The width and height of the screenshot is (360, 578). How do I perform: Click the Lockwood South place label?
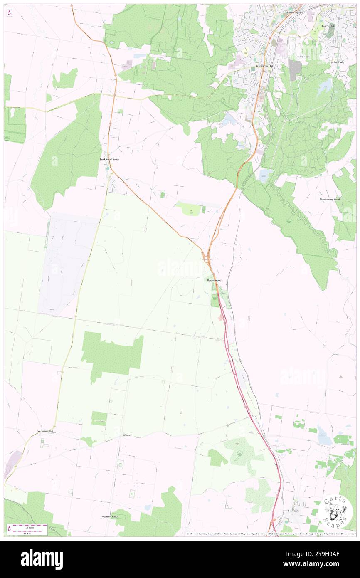click(x=110, y=159)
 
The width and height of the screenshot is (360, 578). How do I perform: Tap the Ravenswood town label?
click(x=215, y=281)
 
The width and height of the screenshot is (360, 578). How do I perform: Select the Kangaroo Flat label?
click(x=264, y=66)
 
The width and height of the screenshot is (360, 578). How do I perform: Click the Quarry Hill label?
click(x=328, y=26)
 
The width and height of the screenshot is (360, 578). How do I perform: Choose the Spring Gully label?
click(x=337, y=62)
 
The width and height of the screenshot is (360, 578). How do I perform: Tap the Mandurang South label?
click(x=330, y=200)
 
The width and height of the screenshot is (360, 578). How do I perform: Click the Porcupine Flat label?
click(x=45, y=432)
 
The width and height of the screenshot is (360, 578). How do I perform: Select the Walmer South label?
click(x=110, y=516)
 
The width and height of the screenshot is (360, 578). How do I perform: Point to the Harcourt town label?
click(x=293, y=511)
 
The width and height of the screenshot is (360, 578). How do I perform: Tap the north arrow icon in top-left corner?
click(x=9, y=13)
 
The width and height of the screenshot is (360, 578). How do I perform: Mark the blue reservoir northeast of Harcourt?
click(x=324, y=437)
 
